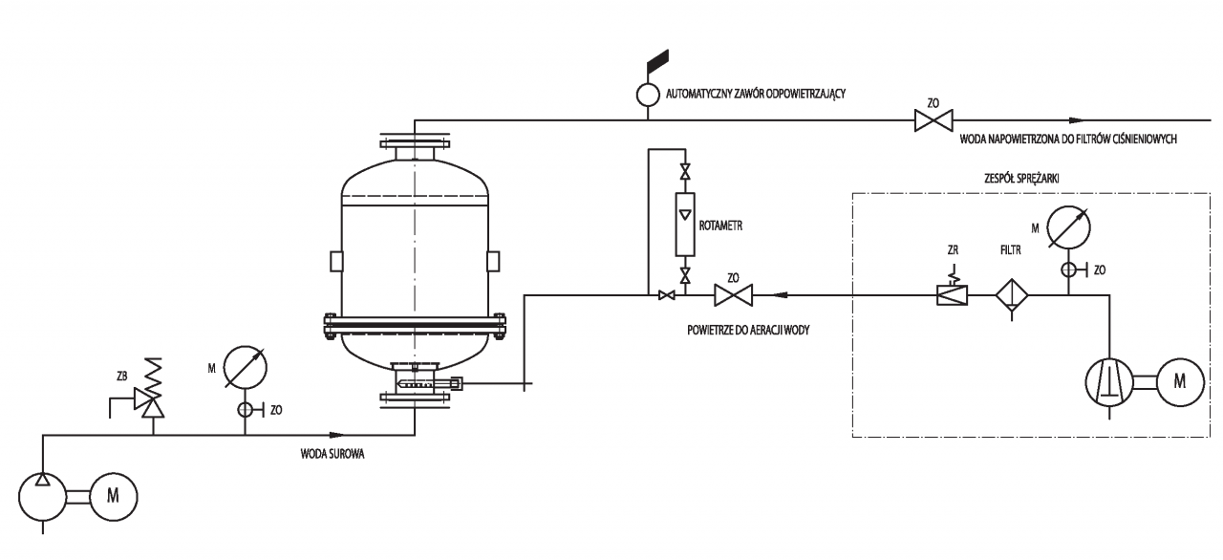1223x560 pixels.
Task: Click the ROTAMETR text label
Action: tap(720, 226)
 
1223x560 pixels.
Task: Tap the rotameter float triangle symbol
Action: tap(685, 214)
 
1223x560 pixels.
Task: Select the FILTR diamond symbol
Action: tap(1012, 295)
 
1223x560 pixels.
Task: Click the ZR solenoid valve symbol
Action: tap(953, 291)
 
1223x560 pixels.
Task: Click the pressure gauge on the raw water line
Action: tap(246, 367)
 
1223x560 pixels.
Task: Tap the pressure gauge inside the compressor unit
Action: tap(1068, 227)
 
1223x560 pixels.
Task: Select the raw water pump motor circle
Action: tap(113, 497)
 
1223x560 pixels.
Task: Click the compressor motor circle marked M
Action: tap(1180, 382)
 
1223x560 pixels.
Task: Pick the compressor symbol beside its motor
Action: tap(1109, 382)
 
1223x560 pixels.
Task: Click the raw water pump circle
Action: tap(43, 497)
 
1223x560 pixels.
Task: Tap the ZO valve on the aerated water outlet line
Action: tap(933, 120)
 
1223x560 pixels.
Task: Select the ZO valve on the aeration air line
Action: tap(733, 295)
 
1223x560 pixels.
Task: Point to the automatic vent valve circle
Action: tap(648, 95)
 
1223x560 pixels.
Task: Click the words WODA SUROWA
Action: tap(333, 454)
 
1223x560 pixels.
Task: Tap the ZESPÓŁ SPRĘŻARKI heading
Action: tap(1021, 179)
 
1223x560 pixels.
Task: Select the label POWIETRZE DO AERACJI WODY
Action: tap(748, 331)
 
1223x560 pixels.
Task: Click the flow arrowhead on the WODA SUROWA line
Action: tap(337, 435)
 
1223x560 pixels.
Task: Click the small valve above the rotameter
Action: tap(685, 171)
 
